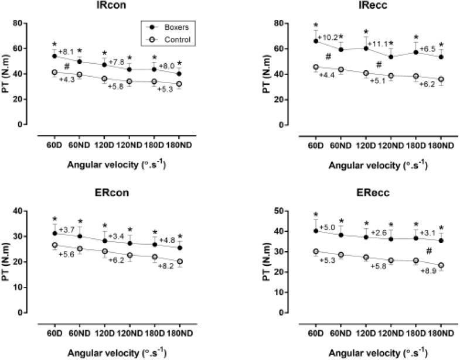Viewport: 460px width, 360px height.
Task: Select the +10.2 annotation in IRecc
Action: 329,38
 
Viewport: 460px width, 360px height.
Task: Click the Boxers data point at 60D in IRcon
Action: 54,56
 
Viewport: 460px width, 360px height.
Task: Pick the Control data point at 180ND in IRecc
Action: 441,80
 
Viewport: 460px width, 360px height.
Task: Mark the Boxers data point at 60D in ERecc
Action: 317,231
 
